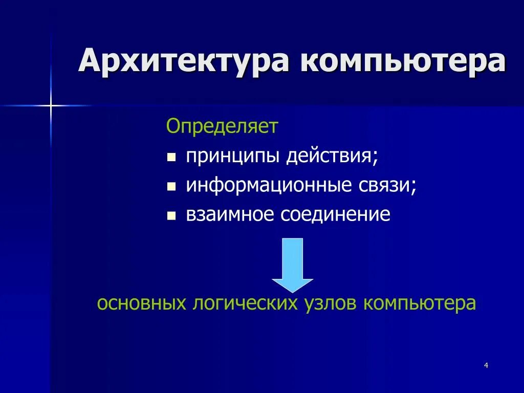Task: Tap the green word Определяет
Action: coord(222,126)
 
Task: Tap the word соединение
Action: coord(335,214)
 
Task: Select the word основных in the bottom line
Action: coord(141,303)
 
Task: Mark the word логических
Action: coord(245,303)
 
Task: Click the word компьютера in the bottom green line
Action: coord(420,303)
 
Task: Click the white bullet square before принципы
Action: coord(171,157)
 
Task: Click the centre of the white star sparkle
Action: coord(51,105)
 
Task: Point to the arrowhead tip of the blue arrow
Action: coord(292,291)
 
